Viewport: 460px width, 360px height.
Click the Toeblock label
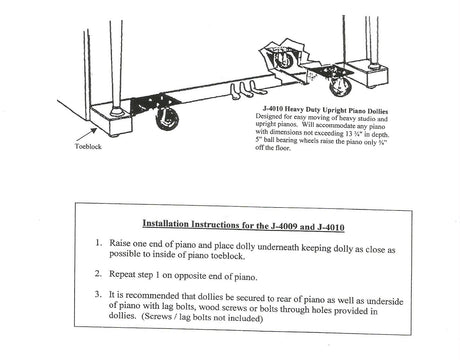88,146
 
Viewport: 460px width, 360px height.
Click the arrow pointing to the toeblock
86,135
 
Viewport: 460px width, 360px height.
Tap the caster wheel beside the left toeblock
167,118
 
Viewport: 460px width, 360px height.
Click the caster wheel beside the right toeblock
340,85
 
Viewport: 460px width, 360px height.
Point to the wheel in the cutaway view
284,60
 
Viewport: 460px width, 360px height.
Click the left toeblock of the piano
111,120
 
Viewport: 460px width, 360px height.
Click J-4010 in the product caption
273,109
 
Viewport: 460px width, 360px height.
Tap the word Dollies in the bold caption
378,111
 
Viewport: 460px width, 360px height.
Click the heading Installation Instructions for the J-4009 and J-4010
243,225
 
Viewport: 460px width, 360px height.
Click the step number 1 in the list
98,243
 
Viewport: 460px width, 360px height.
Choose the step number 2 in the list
98,274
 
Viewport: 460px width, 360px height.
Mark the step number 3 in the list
98,294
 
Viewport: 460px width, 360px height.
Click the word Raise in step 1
120,243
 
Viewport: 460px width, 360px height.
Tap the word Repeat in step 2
123,274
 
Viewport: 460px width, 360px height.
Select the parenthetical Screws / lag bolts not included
203,317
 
